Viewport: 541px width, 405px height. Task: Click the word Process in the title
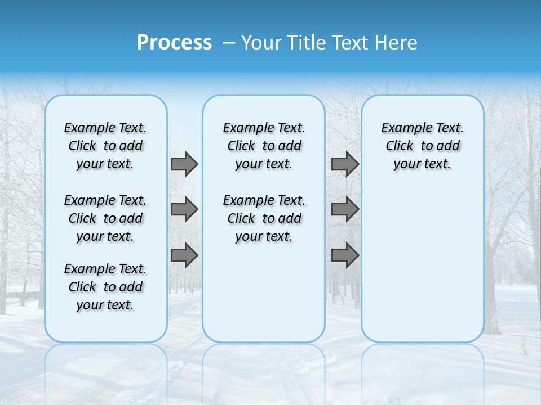pos(174,43)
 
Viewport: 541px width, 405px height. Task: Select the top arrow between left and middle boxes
pos(184,164)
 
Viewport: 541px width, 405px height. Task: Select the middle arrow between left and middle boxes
pos(184,210)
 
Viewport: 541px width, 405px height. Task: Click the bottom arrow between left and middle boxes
pos(184,255)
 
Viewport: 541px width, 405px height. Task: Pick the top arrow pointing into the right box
pos(345,164)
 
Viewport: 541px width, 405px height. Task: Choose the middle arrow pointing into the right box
pos(345,210)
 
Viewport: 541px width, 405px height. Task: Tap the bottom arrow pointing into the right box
pos(345,255)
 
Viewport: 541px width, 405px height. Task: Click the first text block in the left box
pos(105,146)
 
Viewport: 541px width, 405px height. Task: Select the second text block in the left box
pos(105,218)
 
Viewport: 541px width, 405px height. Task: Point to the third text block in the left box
pos(105,287)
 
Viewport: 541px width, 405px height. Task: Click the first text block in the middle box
pos(264,146)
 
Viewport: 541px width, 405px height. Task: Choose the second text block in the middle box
pos(264,218)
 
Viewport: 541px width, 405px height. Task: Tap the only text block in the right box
pos(422,146)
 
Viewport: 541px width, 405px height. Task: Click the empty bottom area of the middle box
pos(264,298)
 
